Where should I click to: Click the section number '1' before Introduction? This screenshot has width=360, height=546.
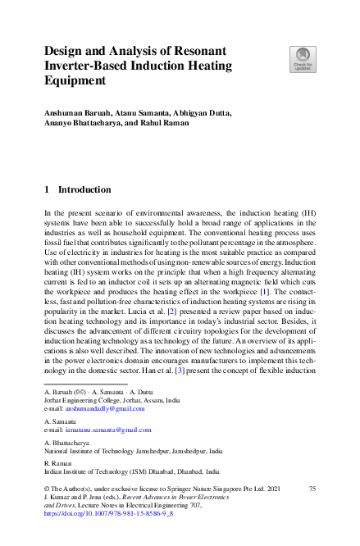click(x=47, y=189)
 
